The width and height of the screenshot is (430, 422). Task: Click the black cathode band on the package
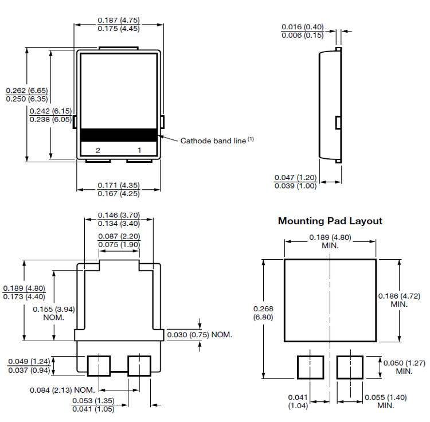pyautogui.click(x=119, y=135)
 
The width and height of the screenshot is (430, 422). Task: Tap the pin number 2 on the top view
pyautogui.click(x=98, y=150)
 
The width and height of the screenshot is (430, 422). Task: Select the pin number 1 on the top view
pyautogui.click(x=139, y=150)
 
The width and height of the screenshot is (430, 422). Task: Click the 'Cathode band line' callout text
pyautogui.click(x=213, y=140)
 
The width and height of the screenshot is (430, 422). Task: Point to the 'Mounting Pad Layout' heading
pyautogui.click(x=330, y=221)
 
